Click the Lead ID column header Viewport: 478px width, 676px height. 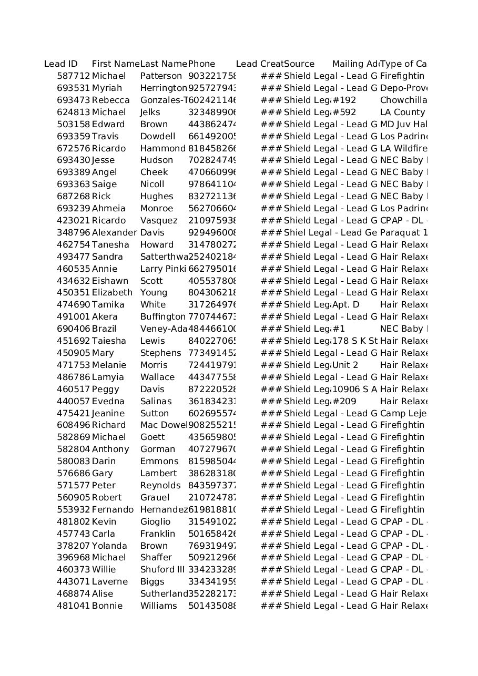tap(61, 64)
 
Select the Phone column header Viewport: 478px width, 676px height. tap(201, 64)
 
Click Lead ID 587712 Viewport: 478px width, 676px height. tap(74, 76)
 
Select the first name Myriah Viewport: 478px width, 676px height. tap(107, 88)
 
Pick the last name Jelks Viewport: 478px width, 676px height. tap(150, 112)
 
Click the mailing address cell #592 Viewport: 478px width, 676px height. tap(344, 112)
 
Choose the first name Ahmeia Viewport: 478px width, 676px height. tap(109, 209)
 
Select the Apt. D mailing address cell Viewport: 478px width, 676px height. tap(346, 305)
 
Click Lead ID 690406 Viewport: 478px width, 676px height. tap(74, 329)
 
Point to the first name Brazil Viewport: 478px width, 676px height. tap(104, 329)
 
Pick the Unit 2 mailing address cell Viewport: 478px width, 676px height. tap(345, 365)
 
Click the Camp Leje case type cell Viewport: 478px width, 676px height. tap(403, 414)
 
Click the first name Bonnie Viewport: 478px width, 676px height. tap(107, 606)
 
